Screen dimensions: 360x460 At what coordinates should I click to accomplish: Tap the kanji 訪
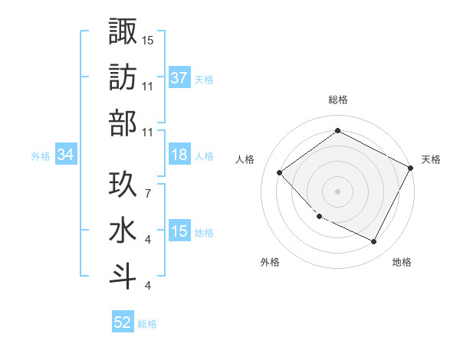pos(123,77)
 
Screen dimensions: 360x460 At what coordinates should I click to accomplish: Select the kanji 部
pos(123,123)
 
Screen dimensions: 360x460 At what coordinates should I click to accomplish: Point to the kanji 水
pos(123,231)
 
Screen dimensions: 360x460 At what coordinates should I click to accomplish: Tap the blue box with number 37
pos(179,77)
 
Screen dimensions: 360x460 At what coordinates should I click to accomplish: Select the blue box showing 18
pos(179,155)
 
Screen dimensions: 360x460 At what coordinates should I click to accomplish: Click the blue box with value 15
pos(179,231)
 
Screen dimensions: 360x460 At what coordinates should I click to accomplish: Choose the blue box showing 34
pos(66,155)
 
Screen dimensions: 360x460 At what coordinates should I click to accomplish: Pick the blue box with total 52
pos(123,322)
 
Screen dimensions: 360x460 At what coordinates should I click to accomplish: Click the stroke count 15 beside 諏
pos(148,40)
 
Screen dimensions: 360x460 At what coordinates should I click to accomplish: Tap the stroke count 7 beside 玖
pos(147,185)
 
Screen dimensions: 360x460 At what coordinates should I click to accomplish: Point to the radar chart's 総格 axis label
pos(338,100)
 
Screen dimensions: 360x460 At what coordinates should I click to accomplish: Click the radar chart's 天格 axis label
pos(431,159)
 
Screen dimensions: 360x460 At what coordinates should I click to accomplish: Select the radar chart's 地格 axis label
pos(402,262)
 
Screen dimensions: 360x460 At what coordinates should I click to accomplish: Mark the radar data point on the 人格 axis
pos(280,172)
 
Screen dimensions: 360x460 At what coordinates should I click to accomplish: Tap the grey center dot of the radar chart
pos(338,191)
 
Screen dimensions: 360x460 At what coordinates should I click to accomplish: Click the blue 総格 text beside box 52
pos(147,323)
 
